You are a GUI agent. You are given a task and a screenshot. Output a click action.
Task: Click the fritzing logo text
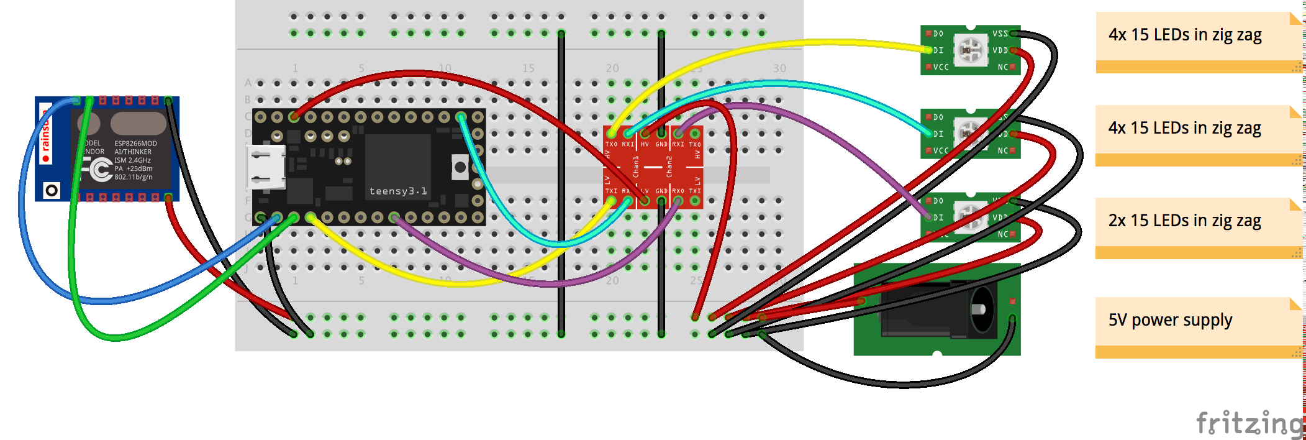pos(1249,424)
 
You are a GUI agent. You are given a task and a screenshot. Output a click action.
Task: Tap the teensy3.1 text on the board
pos(398,191)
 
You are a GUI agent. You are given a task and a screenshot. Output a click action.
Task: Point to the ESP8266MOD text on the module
pos(135,144)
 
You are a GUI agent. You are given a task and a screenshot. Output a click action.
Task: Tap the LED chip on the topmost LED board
pos(970,50)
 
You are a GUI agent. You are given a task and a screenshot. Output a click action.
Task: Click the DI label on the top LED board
pos(938,50)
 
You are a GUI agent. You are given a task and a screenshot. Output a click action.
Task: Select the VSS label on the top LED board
pos(1000,34)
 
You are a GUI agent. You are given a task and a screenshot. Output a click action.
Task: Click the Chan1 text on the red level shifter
pos(636,166)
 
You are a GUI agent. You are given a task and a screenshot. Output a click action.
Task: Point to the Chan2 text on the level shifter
pos(669,166)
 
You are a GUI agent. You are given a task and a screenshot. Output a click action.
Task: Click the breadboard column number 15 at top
pos(528,68)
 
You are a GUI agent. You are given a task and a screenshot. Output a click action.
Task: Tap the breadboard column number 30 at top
pos(779,68)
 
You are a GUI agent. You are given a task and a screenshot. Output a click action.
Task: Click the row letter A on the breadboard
pos(248,83)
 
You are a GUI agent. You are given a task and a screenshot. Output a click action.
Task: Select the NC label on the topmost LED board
pos(1002,67)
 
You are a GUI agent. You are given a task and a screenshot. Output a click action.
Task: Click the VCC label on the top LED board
pos(941,67)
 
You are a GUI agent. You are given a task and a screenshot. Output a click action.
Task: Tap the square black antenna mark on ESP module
pos(52,190)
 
